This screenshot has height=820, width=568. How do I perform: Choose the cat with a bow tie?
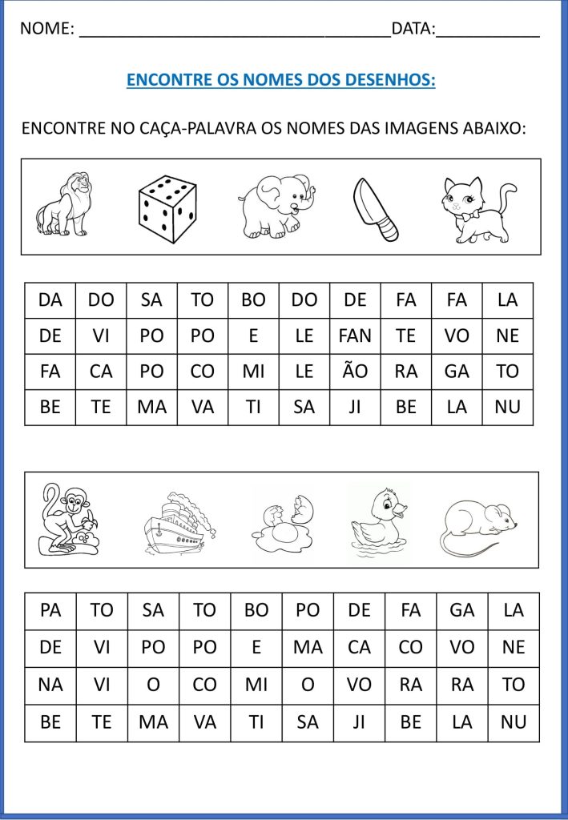pos(477,209)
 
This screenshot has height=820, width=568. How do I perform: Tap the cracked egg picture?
pos(282,525)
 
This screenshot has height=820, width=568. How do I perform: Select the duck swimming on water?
pos(379,521)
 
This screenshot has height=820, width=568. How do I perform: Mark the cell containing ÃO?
pos(355,372)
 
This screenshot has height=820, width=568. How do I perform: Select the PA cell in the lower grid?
pos(50,610)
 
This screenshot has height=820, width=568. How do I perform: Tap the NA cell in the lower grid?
pos(50,685)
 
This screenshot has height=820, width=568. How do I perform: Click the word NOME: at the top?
pos(47,30)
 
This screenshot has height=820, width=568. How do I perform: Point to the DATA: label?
pos(413,30)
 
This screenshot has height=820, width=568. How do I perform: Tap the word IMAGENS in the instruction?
pos(425,128)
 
